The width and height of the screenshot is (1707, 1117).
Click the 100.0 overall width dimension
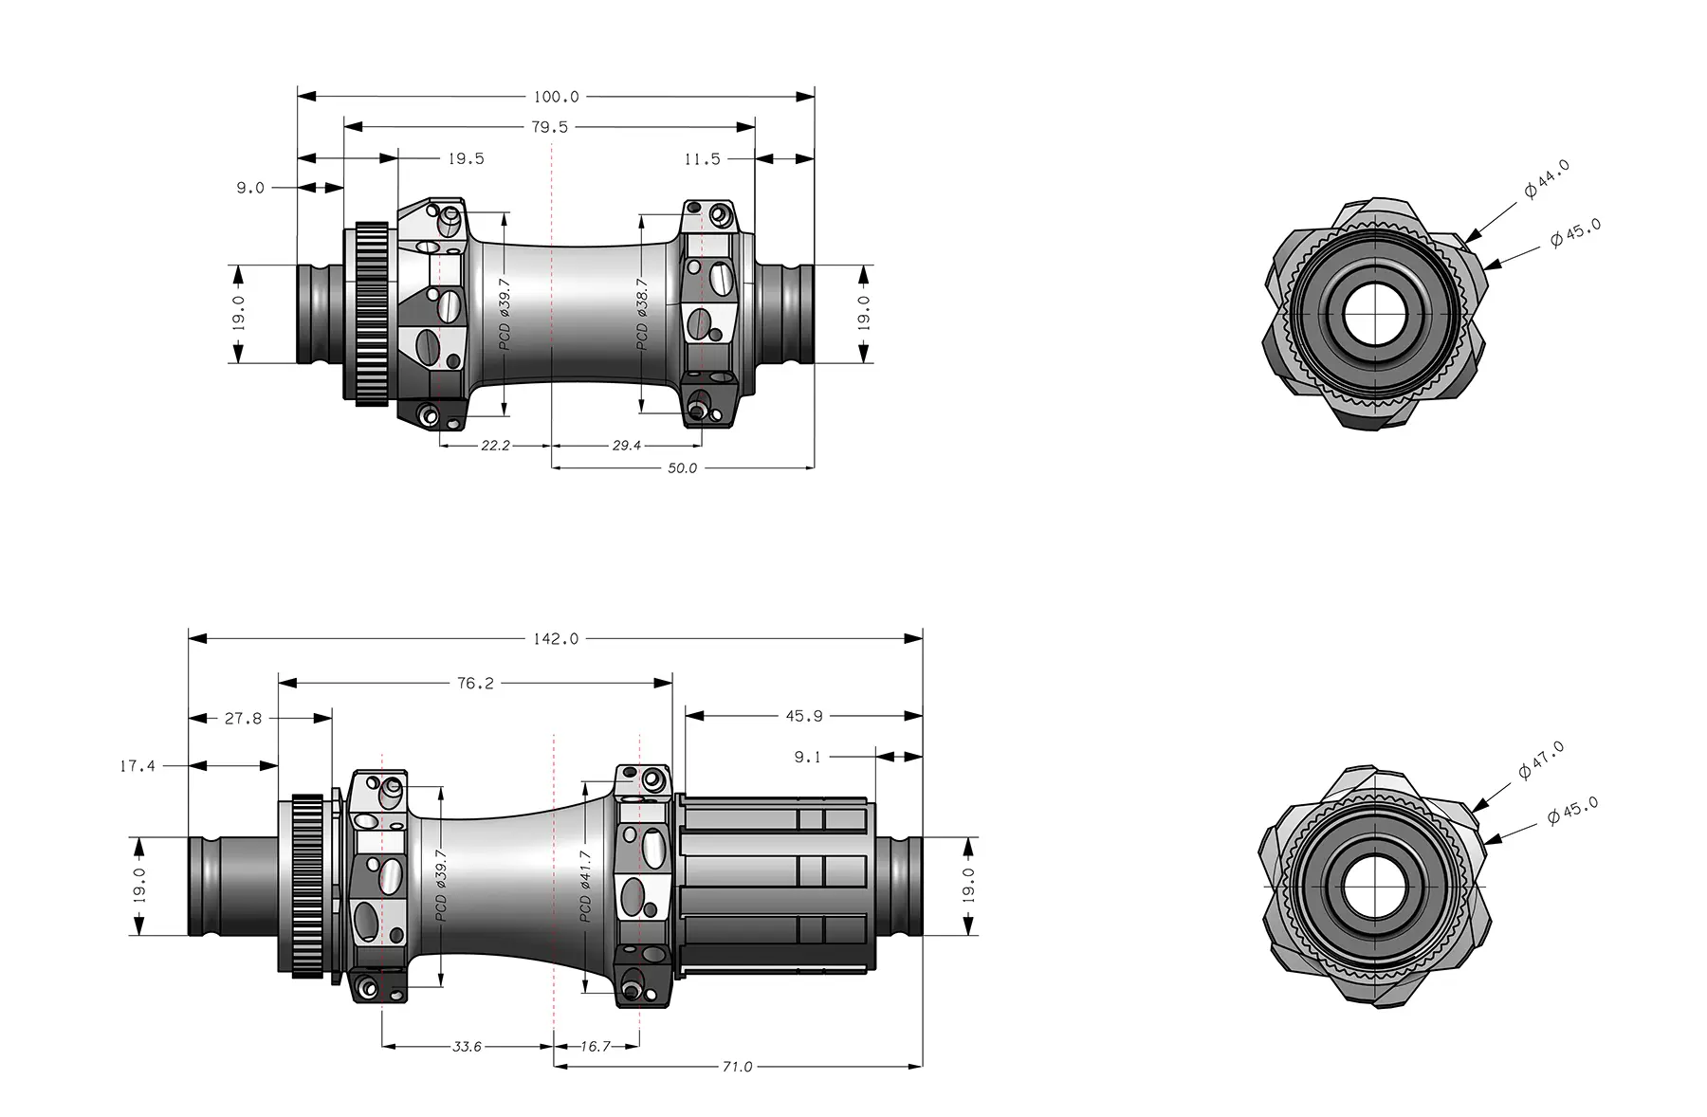(556, 97)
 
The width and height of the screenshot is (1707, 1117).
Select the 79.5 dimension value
(550, 127)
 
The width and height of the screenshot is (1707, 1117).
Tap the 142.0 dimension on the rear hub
(556, 639)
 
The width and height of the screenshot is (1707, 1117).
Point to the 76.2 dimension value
(475, 683)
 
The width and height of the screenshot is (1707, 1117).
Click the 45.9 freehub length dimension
(804, 716)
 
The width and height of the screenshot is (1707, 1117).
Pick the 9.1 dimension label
(808, 757)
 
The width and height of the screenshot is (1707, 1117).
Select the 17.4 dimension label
(138, 765)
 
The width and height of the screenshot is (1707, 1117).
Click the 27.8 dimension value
(243, 719)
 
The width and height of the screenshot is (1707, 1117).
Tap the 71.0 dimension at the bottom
(737, 1067)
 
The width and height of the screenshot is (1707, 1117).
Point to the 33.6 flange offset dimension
(467, 1046)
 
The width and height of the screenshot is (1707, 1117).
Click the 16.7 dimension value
(596, 1046)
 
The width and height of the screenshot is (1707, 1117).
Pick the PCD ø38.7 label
(642, 314)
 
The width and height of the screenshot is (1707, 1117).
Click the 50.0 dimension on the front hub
(682, 468)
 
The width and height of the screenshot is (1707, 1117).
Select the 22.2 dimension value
(495, 445)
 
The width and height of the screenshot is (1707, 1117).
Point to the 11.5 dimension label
(702, 159)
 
